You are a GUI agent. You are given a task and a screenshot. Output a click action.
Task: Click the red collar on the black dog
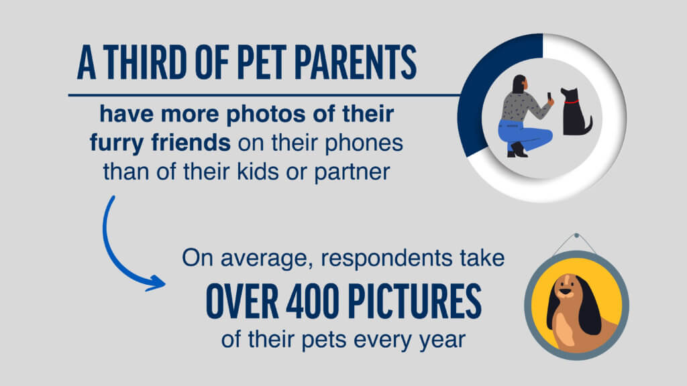571,102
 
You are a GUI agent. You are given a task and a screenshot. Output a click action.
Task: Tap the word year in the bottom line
439,338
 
